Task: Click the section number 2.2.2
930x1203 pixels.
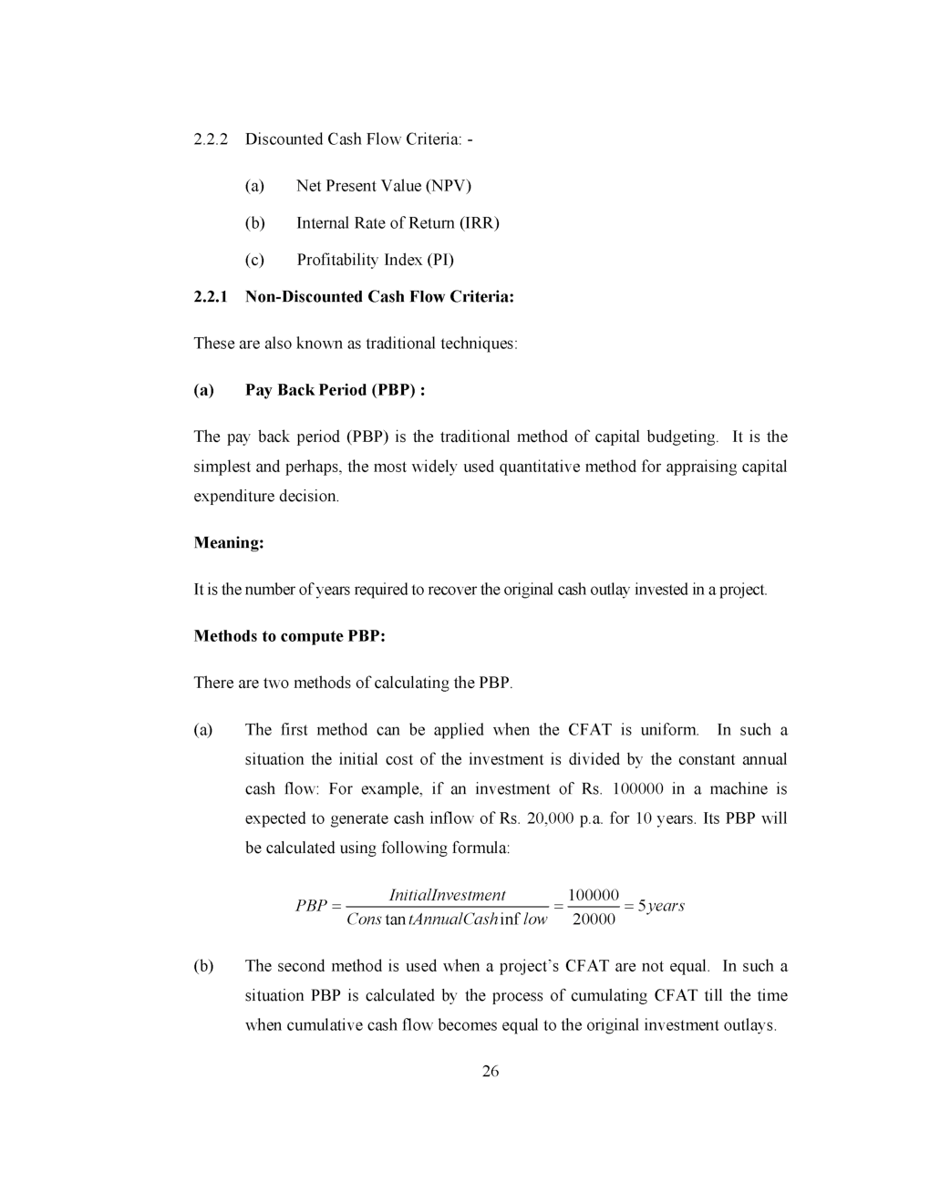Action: coord(211,139)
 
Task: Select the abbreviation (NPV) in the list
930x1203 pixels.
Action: coord(449,186)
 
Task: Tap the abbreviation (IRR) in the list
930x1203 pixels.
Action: coord(479,223)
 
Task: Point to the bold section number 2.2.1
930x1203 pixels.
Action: coord(212,297)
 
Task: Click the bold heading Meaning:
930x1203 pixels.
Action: coord(229,543)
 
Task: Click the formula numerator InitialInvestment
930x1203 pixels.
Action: coord(447,895)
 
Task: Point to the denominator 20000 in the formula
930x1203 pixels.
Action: coord(594,919)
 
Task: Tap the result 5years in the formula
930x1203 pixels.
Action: coord(661,906)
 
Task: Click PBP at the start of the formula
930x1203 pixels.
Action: coord(311,906)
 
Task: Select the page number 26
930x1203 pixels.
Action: coord(491,1072)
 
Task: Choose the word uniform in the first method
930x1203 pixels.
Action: coord(669,730)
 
